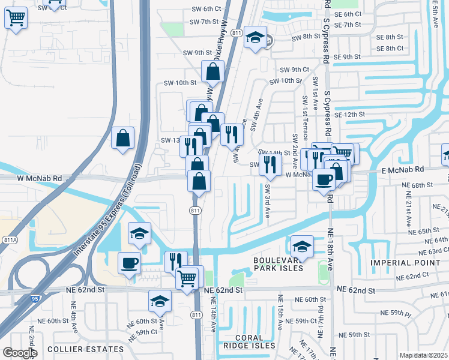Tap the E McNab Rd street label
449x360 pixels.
[x=403, y=170]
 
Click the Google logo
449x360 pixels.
[x=20, y=353]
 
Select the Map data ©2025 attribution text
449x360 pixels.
[x=423, y=355]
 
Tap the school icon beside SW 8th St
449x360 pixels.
[x=255, y=38]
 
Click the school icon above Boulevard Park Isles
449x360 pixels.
[x=302, y=245]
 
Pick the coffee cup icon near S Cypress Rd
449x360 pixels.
[x=324, y=179]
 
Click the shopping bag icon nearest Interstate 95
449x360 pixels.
[x=123, y=138]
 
